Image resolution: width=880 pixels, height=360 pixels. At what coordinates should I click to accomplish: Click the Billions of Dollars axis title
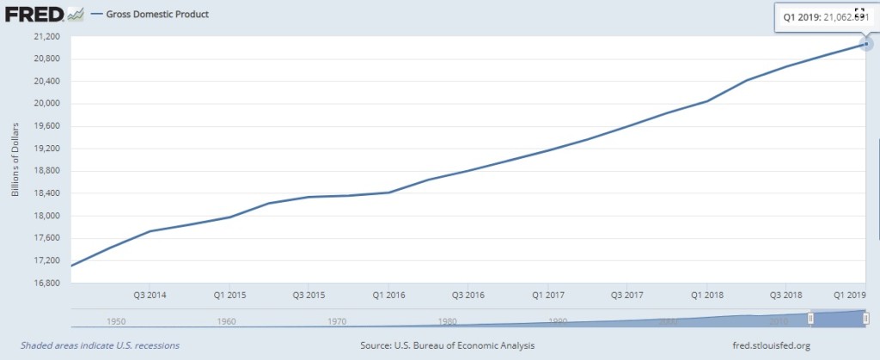tap(15, 160)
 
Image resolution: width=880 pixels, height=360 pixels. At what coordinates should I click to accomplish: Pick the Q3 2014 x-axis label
tap(150, 295)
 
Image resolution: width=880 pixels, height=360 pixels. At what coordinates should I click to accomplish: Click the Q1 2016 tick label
tap(388, 295)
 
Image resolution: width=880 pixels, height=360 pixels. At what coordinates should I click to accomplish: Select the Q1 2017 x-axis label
tap(547, 295)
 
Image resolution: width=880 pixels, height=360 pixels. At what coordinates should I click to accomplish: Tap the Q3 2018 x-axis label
tap(787, 295)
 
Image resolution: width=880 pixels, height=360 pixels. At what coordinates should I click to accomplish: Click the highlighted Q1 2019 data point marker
tap(866, 45)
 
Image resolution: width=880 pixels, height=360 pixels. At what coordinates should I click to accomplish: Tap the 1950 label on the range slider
tap(117, 321)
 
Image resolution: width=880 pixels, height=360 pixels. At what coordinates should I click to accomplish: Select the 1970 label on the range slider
tap(337, 321)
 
